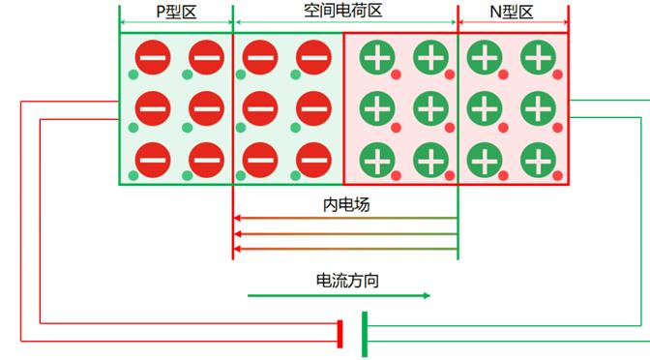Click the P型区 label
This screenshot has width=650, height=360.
(x=175, y=13)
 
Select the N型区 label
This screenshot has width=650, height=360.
(x=513, y=13)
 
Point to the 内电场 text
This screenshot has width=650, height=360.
(x=345, y=205)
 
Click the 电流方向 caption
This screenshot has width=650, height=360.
(x=346, y=281)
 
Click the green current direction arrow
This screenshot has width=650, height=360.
(x=339, y=295)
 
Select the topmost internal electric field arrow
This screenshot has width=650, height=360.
(x=345, y=219)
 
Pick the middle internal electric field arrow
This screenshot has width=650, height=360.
(x=345, y=234)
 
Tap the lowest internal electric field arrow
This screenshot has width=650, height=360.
(x=345, y=250)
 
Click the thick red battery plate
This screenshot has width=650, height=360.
(x=340, y=333)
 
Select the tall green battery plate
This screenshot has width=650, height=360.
(x=364, y=333)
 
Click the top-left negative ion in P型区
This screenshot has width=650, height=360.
(x=152, y=58)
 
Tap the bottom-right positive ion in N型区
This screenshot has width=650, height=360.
(x=537, y=158)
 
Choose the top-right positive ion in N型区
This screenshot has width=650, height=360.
(x=537, y=58)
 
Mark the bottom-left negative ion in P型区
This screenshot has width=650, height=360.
(x=152, y=158)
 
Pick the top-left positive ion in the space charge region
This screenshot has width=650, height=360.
(x=378, y=58)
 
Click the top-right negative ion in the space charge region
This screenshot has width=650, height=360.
(x=312, y=58)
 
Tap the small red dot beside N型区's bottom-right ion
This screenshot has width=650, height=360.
(x=557, y=176)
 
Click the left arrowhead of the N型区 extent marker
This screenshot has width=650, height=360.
(x=461, y=22)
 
